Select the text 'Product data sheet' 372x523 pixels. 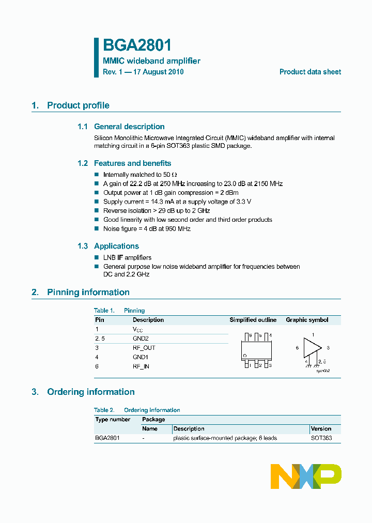pyautogui.click(x=310, y=72)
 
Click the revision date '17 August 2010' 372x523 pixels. pyautogui.click(x=158, y=72)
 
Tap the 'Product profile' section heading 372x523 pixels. pyautogui.click(x=78, y=105)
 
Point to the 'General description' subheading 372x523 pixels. pyautogui.click(x=129, y=127)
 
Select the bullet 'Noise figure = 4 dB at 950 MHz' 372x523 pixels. pyautogui.click(x=147, y=229)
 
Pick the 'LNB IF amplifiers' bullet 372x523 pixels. pyautogui.click(x=127, y=257)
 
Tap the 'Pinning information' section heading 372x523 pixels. pyautogui.click(x=88, y=293)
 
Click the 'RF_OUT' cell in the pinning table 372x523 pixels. pyautogui.click(x=144, y=348)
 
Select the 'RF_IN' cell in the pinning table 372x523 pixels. pyautogui.click(x=141, y=366)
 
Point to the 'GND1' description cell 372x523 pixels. pyautogui.click(x=140, y=357)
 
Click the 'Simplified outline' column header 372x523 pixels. pyautogui.click(x=253, y=320)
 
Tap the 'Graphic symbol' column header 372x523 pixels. pyautogui.click(x=307, y=320)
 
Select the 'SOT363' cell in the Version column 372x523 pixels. pyautogui.click(x=321, y=438)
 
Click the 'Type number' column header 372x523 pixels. pyautogui.click(x=113, y=420)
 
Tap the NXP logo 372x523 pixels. pyautogui.click(x=306, y=476)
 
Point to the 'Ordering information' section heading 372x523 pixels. pyautogui.click(x=90, y=392)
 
